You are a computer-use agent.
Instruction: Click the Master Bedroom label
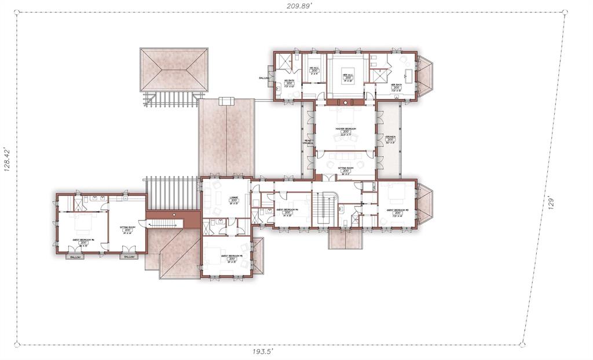pos(346,128)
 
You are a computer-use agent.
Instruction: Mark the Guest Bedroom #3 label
pos(397,210)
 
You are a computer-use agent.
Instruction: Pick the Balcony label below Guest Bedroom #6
pos(75,256)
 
